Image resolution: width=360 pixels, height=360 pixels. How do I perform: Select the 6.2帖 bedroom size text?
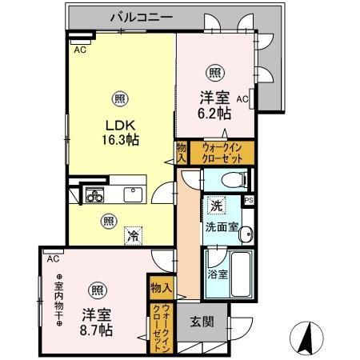pyautogui.click(x=214, y=114)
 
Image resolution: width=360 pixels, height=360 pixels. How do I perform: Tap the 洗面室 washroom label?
pyautogui.click(x=220, y=226)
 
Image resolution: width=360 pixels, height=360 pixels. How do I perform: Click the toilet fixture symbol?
pyautogui.click(x=233, y=178)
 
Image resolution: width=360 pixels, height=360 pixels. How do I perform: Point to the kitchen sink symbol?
pyautogui.click(x=131, y=194)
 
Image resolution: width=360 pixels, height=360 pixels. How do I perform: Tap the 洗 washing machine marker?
pyautogui.click(x=216, y=206)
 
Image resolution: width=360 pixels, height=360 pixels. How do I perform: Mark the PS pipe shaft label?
pyautogui.click(x=248, y=200)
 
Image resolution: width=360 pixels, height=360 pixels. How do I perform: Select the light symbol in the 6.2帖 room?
pyautogui.click(x=215, y=72)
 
